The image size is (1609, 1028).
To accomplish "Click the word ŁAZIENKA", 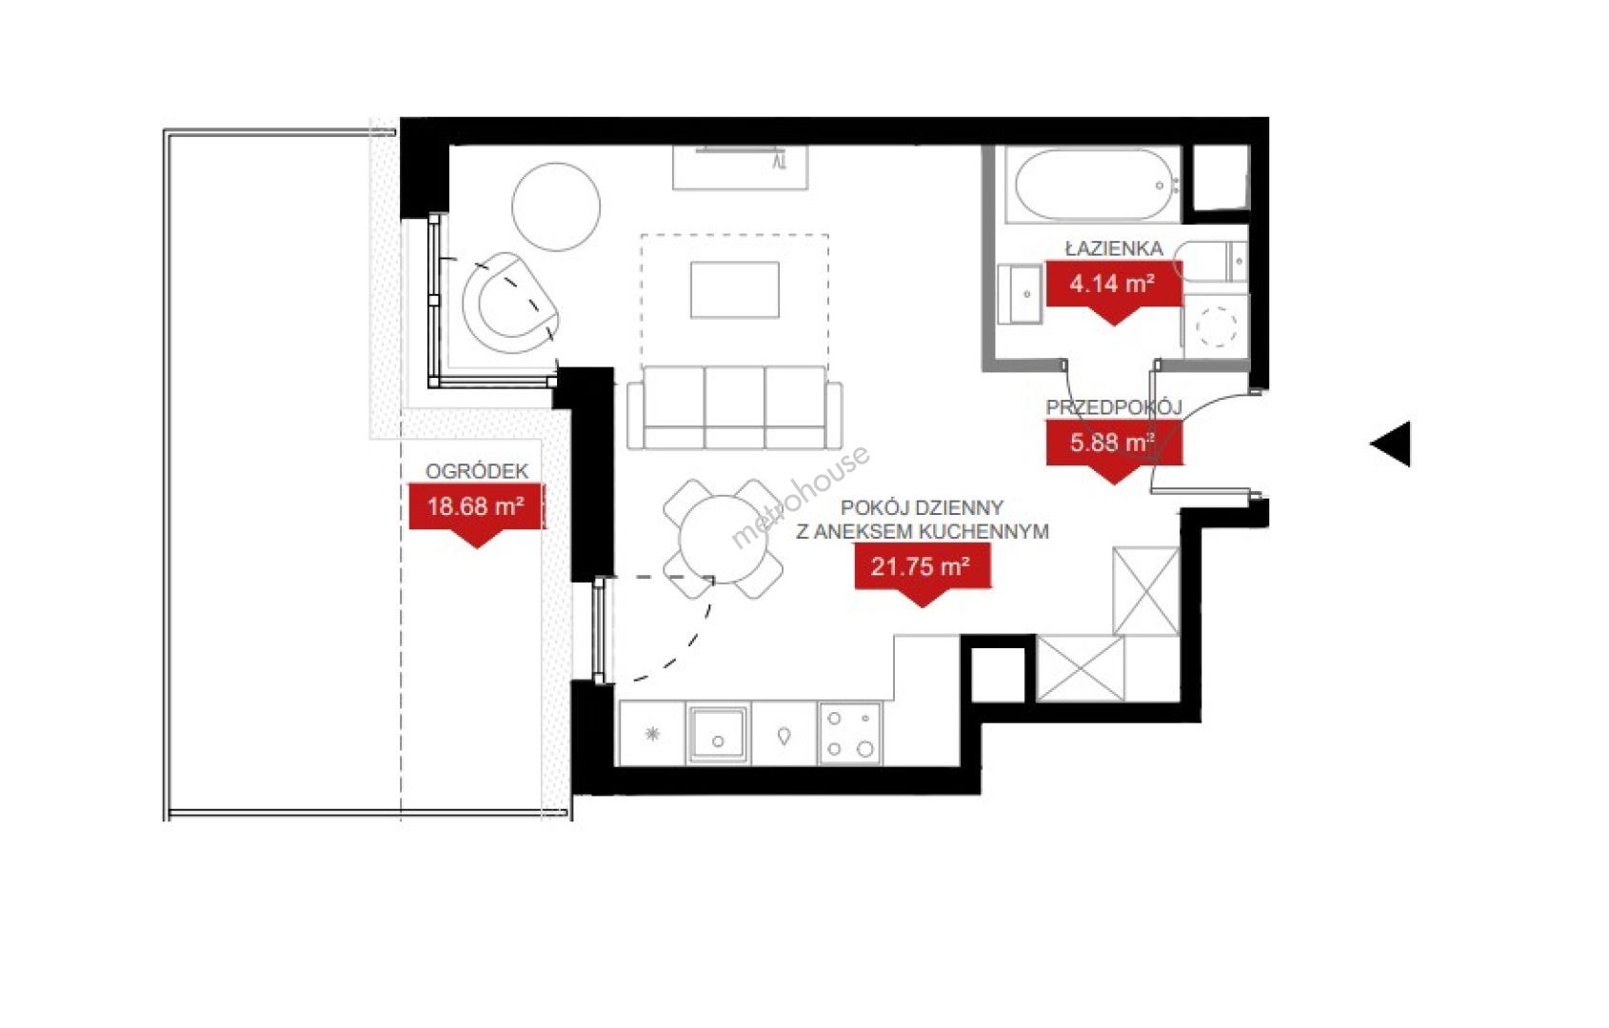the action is (1114, 248).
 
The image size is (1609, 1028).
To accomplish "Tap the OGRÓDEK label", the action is (477, 471).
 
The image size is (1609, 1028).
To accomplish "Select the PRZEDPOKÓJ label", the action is (1114, 407).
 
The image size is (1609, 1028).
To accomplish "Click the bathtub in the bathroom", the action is (1094, 185).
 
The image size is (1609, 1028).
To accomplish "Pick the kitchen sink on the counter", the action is (718, 734).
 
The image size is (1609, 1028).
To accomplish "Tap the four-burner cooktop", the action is (850, 734).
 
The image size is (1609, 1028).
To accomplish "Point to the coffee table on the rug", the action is (735, 289).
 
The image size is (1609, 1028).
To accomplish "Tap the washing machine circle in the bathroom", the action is (1217, 326).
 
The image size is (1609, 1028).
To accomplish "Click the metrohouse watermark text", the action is (800, 497).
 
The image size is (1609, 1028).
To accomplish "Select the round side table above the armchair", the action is (556, 207).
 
